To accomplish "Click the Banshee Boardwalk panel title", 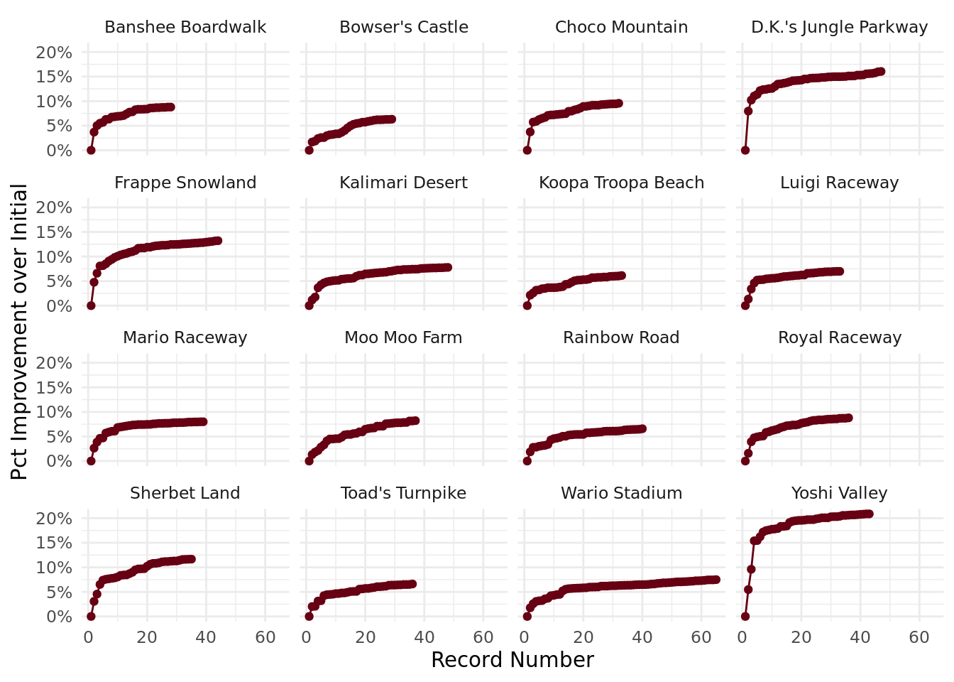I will point(185,27).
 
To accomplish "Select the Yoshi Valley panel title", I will point(839,493).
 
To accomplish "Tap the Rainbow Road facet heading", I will point(621,337).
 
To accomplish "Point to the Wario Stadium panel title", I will point(621,493).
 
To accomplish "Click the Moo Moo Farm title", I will point(403,337).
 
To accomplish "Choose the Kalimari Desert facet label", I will point(403,183).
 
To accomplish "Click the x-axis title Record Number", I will point(512,660).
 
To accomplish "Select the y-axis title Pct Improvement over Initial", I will point(20,332).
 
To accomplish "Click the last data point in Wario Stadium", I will point(715,580).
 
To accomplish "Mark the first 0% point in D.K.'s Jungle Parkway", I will point(745,150).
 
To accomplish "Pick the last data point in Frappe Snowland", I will point(218,241).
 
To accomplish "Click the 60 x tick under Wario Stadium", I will point(701,637).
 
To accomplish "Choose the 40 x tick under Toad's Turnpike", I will point(424,637).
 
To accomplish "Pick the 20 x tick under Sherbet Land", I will point(147,637).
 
